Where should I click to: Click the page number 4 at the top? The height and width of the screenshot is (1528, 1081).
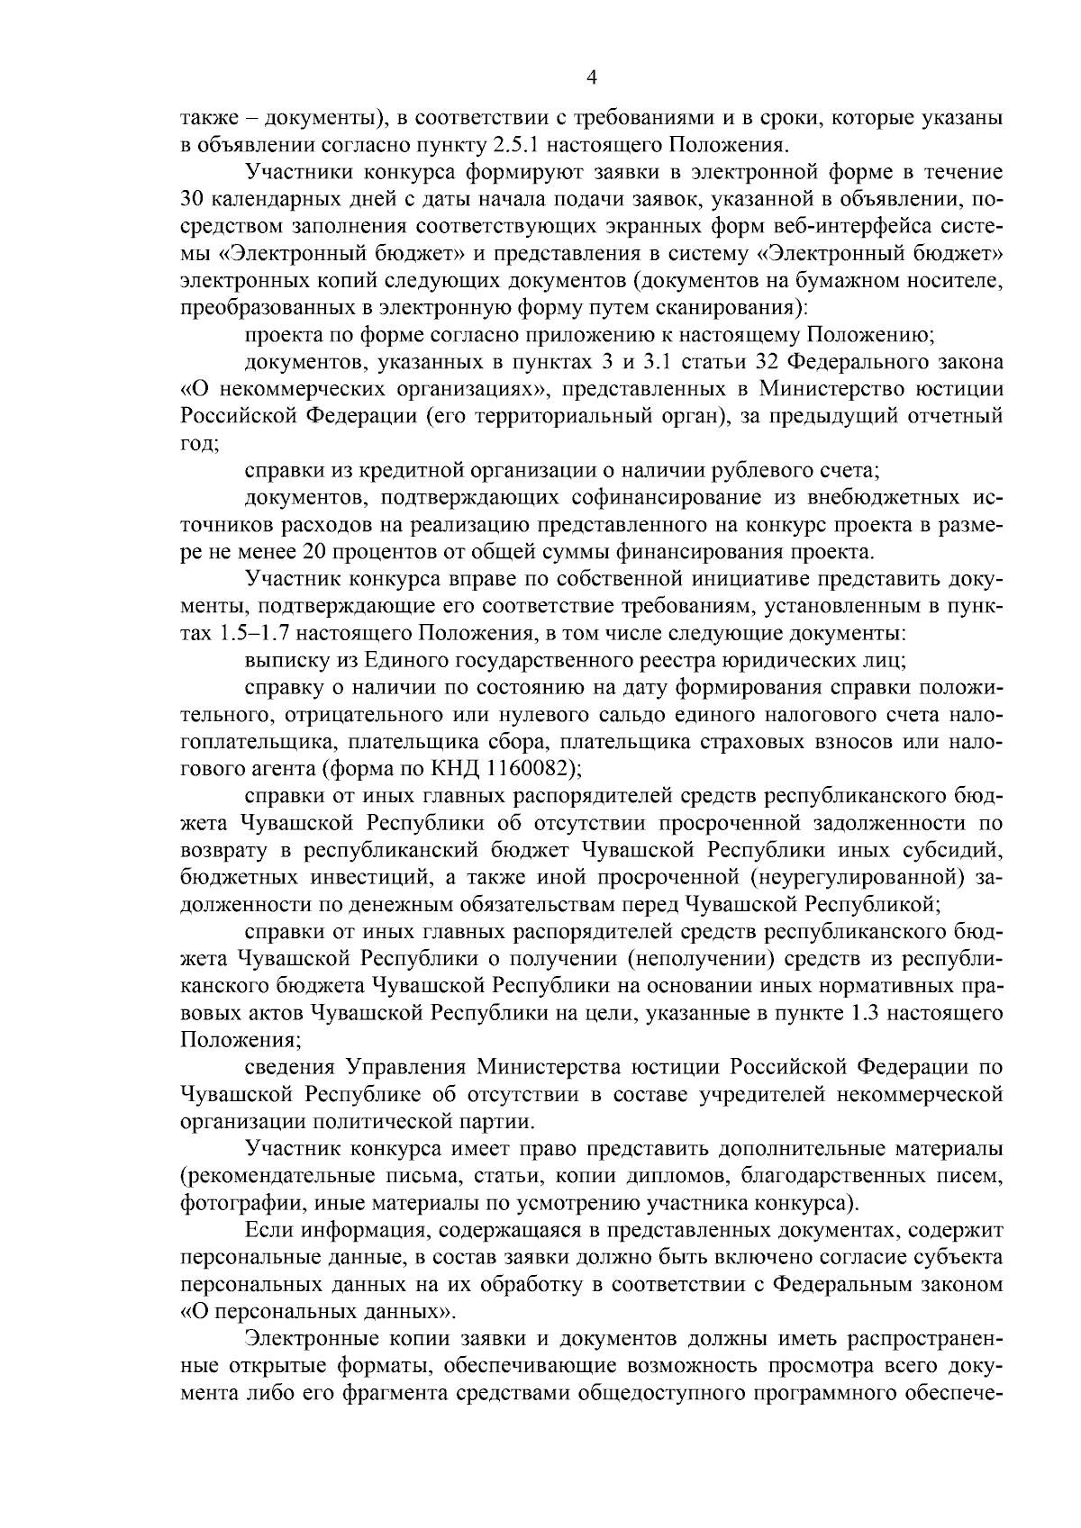[x=591, y=78]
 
